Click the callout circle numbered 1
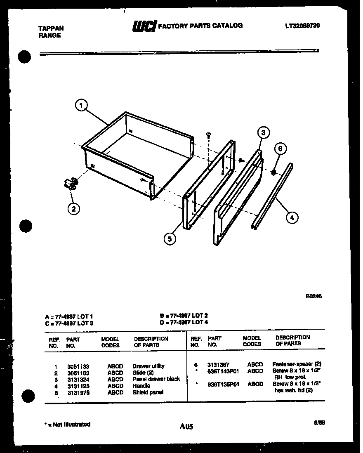coord(81,106)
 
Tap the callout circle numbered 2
coord(73,209)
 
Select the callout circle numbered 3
coord(263,132)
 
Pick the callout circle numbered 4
coord(292,217)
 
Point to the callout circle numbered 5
coord(169,238)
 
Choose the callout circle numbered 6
coord(280,149)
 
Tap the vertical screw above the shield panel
coord(208,135)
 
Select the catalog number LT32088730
coord(302,26)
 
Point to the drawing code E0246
coord(313,296)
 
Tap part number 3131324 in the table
coord(78,379)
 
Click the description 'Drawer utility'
coord(148,366)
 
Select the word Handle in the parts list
coord(141,386)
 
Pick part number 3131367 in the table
coord(219,364)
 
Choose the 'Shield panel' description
coord(148,392)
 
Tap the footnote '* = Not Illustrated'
coord(67,424)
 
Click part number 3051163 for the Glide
coord(78,373)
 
